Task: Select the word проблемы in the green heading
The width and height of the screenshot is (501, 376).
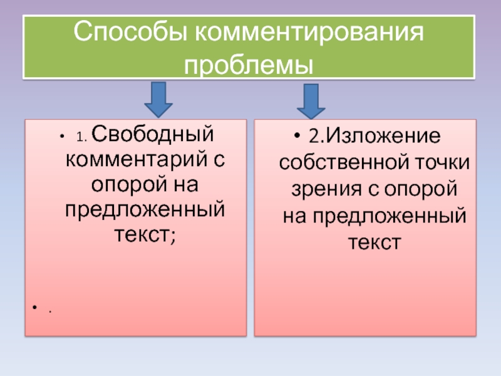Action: click(249, 63)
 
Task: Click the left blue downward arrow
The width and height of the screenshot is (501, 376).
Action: click(160, 98)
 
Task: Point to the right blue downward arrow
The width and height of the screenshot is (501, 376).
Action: click(311, 101)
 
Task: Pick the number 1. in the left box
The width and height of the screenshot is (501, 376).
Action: click(83, 135)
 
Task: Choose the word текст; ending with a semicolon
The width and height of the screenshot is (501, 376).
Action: click(144, 233)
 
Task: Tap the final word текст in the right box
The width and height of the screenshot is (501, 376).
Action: click(374, 242)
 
